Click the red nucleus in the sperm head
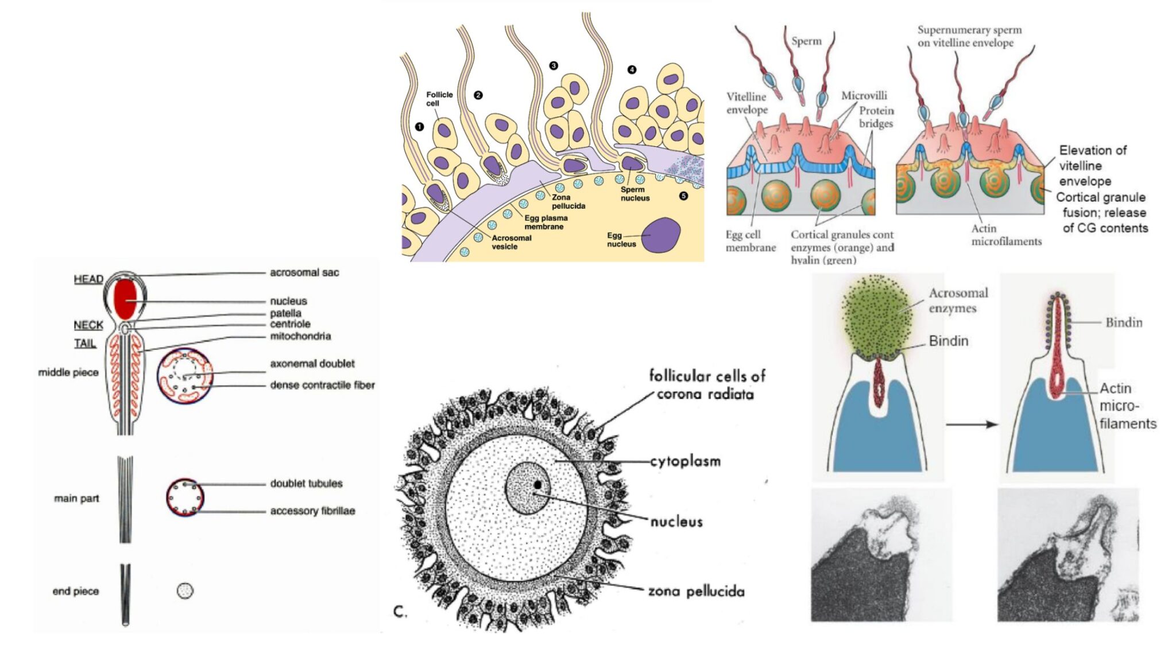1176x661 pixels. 125,298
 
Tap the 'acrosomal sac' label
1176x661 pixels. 304,273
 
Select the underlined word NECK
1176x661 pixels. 88,325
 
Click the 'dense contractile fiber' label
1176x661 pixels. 322,385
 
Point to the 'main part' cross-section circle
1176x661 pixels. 185,497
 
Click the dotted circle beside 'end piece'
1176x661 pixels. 185,590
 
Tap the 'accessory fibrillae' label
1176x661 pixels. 312,511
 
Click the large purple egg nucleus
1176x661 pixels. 660,235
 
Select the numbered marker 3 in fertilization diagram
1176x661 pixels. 554,66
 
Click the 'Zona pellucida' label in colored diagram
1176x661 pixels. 568,201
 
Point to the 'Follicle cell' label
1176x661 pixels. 439,99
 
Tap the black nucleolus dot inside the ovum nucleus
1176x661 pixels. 537,485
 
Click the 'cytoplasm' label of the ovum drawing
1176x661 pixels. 685,461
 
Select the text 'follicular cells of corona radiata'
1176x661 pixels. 706,385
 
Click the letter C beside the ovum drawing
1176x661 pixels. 400,612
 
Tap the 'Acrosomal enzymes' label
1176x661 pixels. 958,300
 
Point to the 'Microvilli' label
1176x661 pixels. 864,96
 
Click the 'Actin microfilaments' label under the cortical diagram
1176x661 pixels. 1006,235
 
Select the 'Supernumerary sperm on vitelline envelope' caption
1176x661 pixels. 969,36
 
